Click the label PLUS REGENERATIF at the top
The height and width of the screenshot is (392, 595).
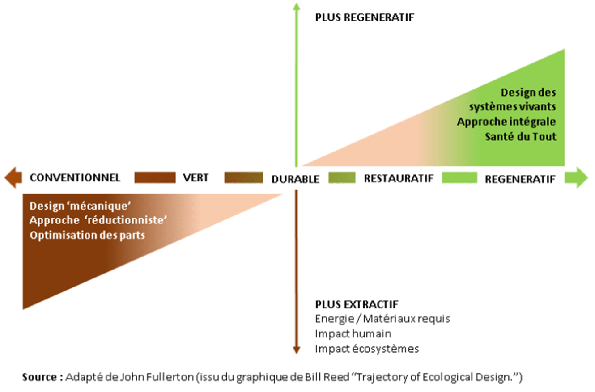(365, 18)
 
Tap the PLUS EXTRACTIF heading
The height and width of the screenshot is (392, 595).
(357, 305)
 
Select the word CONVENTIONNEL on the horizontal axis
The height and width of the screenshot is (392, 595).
(75, 177)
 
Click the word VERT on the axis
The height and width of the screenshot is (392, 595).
(195, 177)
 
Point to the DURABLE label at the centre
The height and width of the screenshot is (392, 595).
(295, 179)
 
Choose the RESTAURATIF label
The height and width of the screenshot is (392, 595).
(399, 178)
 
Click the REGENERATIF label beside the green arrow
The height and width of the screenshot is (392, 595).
(520, 179)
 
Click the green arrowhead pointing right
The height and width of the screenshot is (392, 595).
(580, 177)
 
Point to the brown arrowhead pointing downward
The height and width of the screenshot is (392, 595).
(296, 350)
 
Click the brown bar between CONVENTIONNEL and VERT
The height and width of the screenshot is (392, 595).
(155, 177)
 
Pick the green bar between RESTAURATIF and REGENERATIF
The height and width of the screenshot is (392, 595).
(459, 177)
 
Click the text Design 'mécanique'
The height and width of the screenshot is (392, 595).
(81, 207)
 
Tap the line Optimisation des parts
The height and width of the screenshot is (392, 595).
(87, 235)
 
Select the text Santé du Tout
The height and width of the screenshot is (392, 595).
(521, 136)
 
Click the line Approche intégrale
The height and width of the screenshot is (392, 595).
(506, 122)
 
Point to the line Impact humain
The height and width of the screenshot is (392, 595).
(353, 334)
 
